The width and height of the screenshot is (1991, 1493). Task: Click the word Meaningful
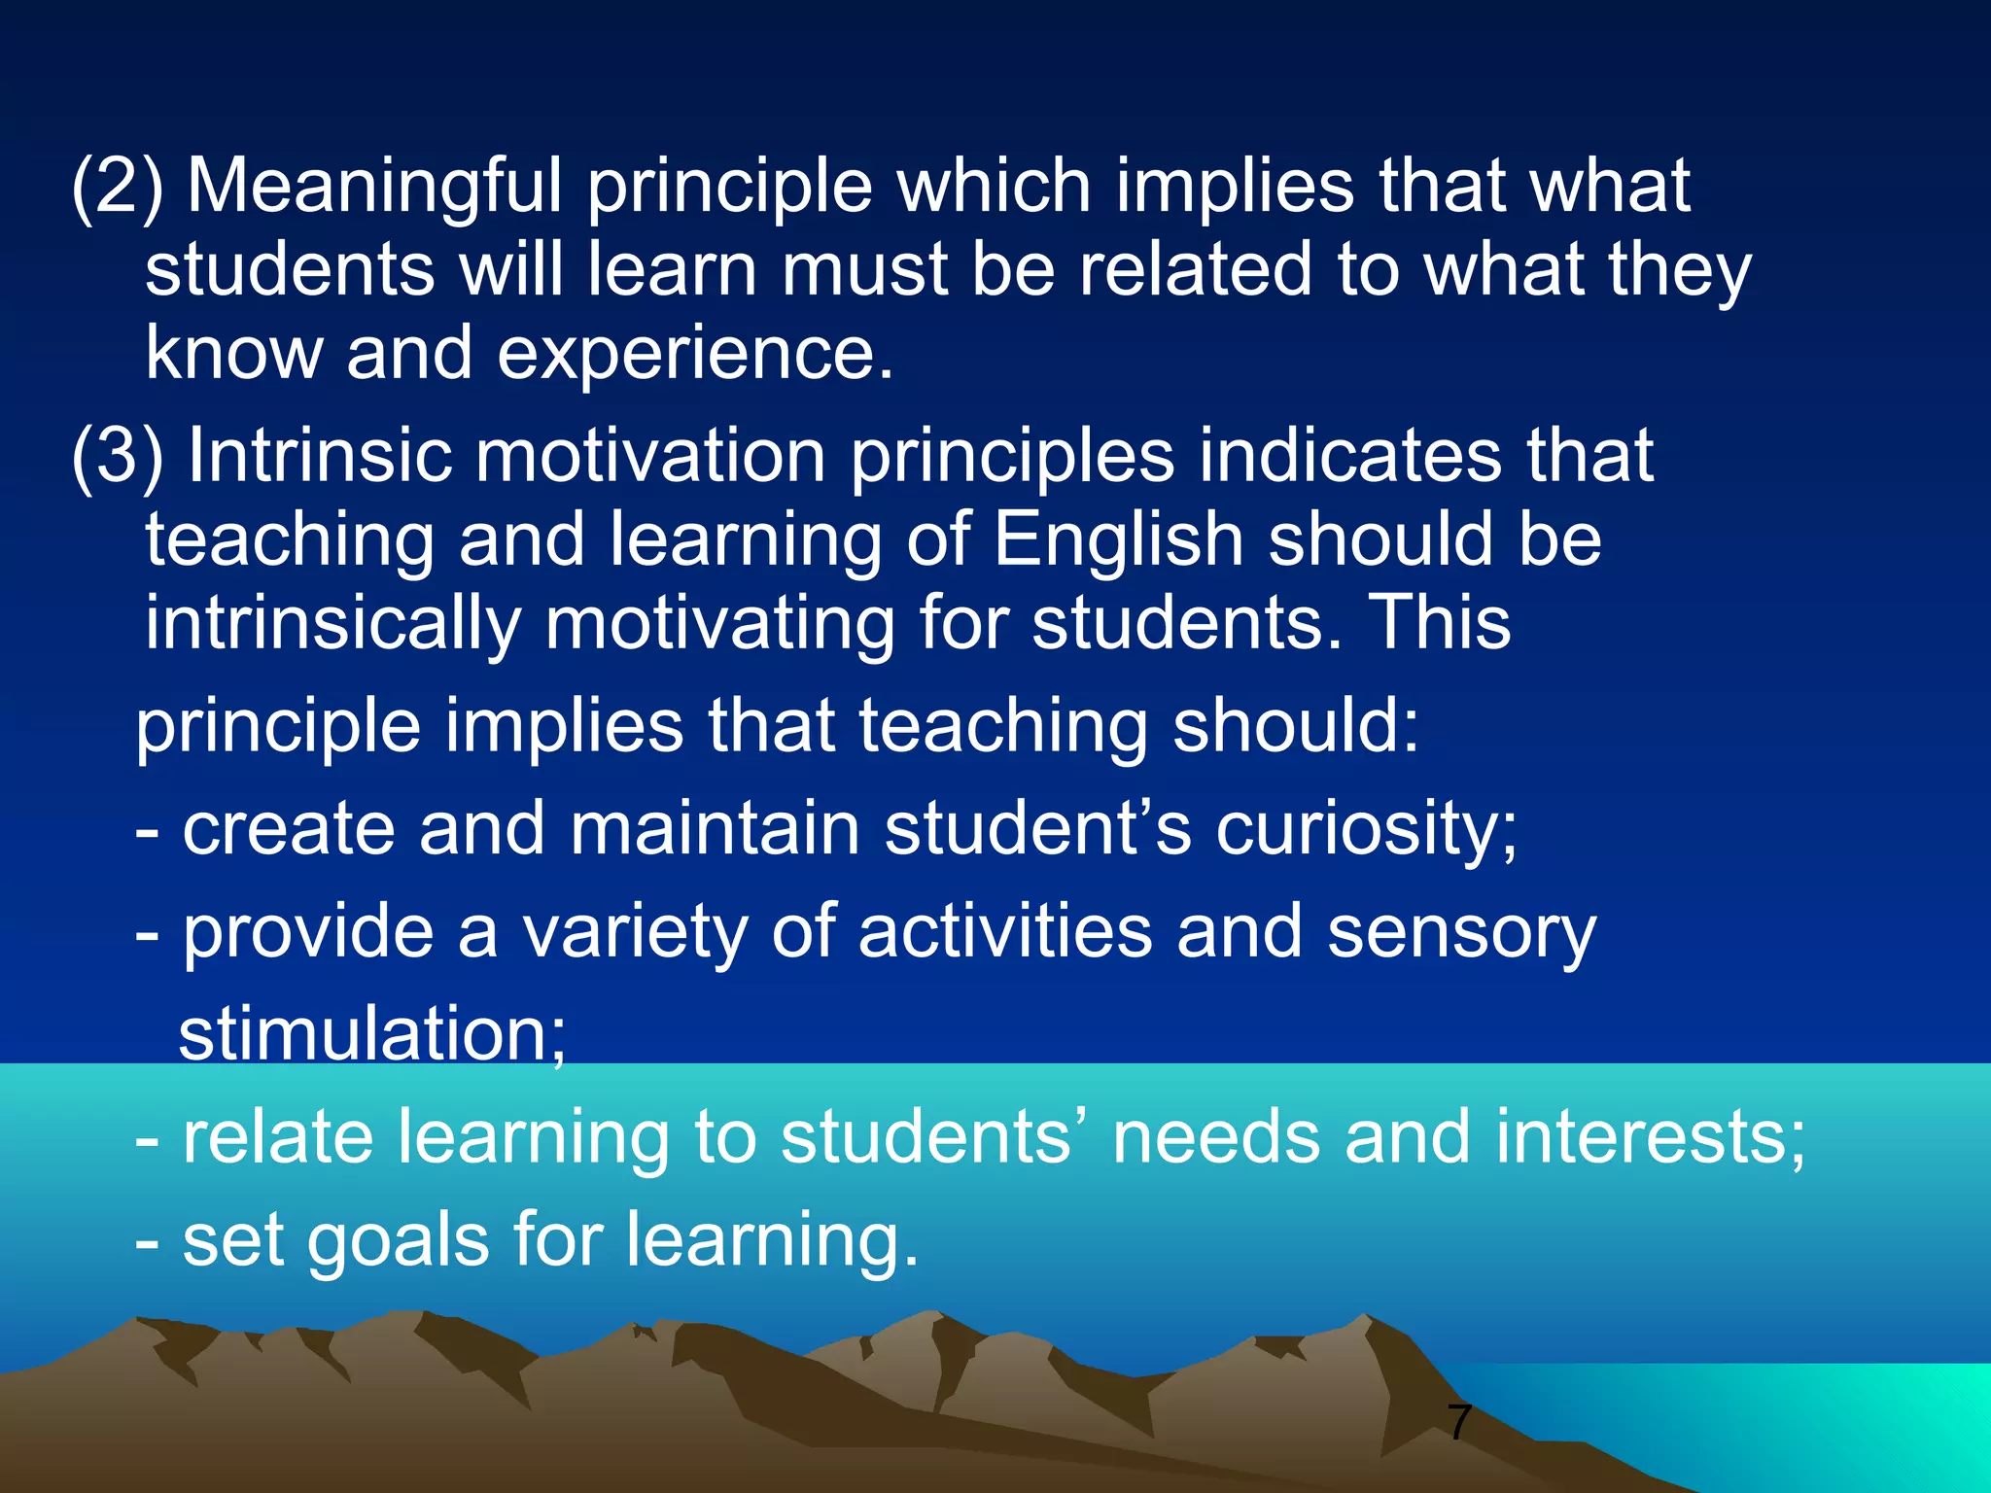[x=374, y=187]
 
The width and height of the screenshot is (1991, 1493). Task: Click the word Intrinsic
[x=320, y=457]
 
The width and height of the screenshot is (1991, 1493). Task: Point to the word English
[x=1118, y=540]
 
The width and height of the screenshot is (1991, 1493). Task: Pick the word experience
[x=694, y=354]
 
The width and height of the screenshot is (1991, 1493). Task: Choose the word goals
[x=399, y=1241]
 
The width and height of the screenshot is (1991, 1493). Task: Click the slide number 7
[x=1458, y=1423]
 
